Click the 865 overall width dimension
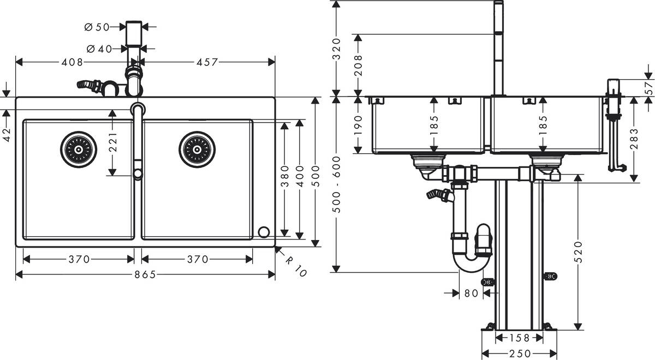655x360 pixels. click(x=145, y=275)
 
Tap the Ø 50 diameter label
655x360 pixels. click(x=98, y=26)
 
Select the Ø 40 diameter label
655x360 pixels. click(x=98, y=49)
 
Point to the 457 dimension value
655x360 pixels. click(x=207, y=62)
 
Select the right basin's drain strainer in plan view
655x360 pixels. click(x=196, y=149)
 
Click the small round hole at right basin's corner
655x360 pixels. click(x=264, y=232)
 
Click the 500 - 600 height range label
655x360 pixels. click(x=337, y=184)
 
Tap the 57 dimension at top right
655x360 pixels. click(x=648, y=87)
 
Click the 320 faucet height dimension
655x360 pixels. click(x=337, y=49)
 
